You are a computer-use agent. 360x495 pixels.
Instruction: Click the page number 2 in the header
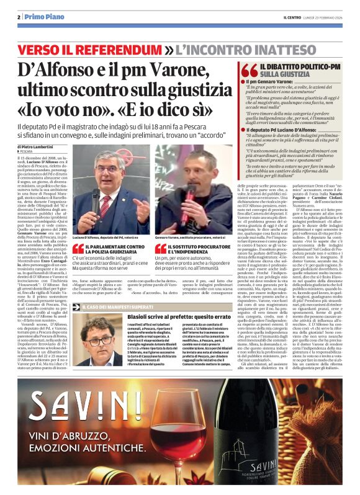19,17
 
